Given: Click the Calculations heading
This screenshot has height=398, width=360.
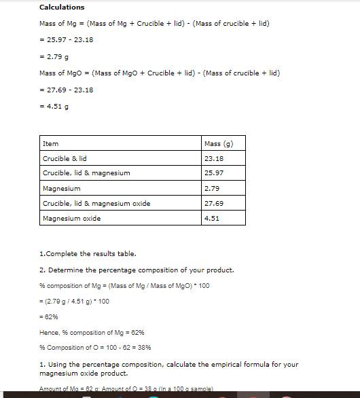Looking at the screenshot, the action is click(x=62, y=7).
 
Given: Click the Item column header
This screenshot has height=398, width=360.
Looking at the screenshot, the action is click(x=51, y=144).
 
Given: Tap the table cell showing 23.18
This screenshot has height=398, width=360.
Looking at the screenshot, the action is click(x=214, y=159).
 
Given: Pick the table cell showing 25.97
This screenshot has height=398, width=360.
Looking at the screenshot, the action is click(x=214, y=173).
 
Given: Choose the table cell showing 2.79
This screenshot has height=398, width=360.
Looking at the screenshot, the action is click(x=212, y=188).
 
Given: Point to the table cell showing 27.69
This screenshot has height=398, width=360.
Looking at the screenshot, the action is click(x=214, y=203).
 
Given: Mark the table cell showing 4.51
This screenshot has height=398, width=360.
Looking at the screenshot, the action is click(x=212, y=219).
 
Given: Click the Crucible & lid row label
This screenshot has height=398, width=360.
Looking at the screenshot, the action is click(x=65, y=159).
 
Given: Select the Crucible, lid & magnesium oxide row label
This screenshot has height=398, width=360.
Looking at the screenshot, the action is click(x=96, y=203).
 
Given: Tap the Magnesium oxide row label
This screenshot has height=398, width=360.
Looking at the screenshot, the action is click(x=71, y=219).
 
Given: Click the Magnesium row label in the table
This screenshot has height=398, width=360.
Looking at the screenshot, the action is click(x=61, y=188).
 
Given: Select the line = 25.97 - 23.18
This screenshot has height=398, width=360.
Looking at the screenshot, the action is click(x=67, y=39).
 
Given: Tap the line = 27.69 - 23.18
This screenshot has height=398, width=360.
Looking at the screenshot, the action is click(x=67, y=90).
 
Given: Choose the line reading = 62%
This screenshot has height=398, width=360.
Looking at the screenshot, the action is click(x=49, y=317).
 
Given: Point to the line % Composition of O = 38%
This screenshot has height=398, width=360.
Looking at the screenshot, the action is click(x=86, y=348).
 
